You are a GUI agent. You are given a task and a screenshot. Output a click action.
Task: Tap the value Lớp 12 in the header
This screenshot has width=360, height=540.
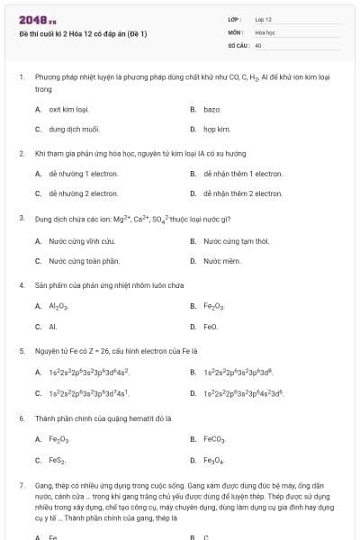click(x=263, y=19)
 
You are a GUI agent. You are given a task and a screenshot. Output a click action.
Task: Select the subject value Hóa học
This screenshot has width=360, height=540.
click(x=265, y=31)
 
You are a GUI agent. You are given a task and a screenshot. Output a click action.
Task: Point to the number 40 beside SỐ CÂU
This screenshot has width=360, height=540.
click(x=258, y=44)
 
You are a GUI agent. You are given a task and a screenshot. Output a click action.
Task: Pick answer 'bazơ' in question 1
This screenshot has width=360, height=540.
click(x=212, y=109)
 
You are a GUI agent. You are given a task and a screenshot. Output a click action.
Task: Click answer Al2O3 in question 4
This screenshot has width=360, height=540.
click(x=59, y=306)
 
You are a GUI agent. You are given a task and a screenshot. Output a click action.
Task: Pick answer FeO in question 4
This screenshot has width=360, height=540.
click(x=211, y=327)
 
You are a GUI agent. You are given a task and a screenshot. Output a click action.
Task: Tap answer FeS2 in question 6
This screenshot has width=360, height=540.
click(x=58, y=460)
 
